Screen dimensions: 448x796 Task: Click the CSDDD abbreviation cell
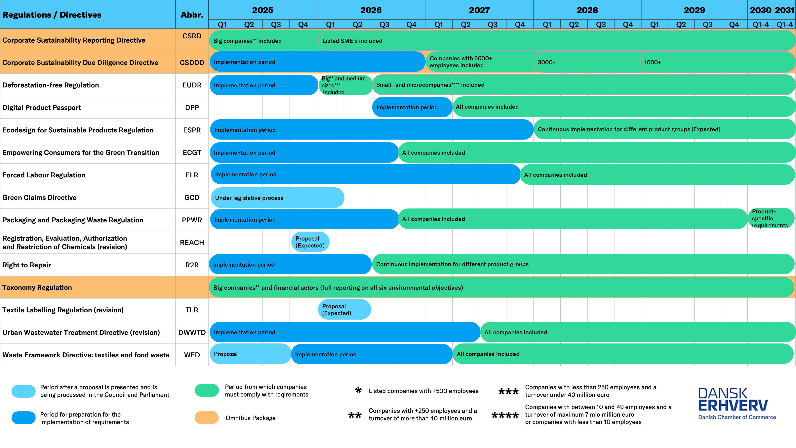[x=192, y=63]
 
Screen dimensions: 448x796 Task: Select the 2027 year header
[x=479, y=10]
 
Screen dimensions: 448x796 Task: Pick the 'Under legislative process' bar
[x=277, y=198]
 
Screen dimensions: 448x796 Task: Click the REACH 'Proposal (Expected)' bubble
[x=310, y=242]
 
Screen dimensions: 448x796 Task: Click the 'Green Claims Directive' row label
[x=39, y=198]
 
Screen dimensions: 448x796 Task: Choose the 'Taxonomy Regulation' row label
[x=37, y=288]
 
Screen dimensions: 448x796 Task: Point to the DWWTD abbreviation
[x=192, y=332]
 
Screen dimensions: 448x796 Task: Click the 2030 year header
[x=760, y=10]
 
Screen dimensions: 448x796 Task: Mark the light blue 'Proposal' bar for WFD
[x=250, y=354]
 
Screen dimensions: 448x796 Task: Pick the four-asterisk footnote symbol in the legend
[x=505, y=415]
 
